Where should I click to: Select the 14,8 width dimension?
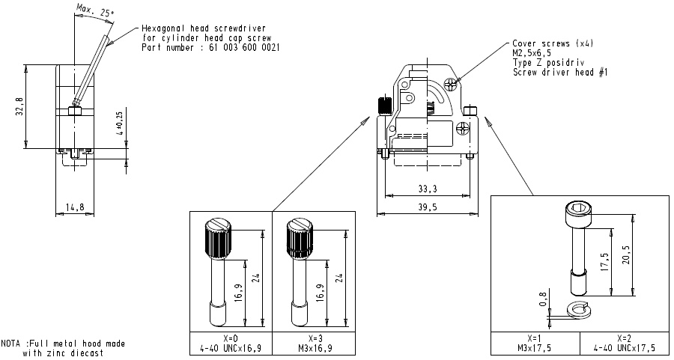(73, 207)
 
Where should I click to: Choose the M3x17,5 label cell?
(535, 348)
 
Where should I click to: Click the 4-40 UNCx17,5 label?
(624, 348)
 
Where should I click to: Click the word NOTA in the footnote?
(12, 344)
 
